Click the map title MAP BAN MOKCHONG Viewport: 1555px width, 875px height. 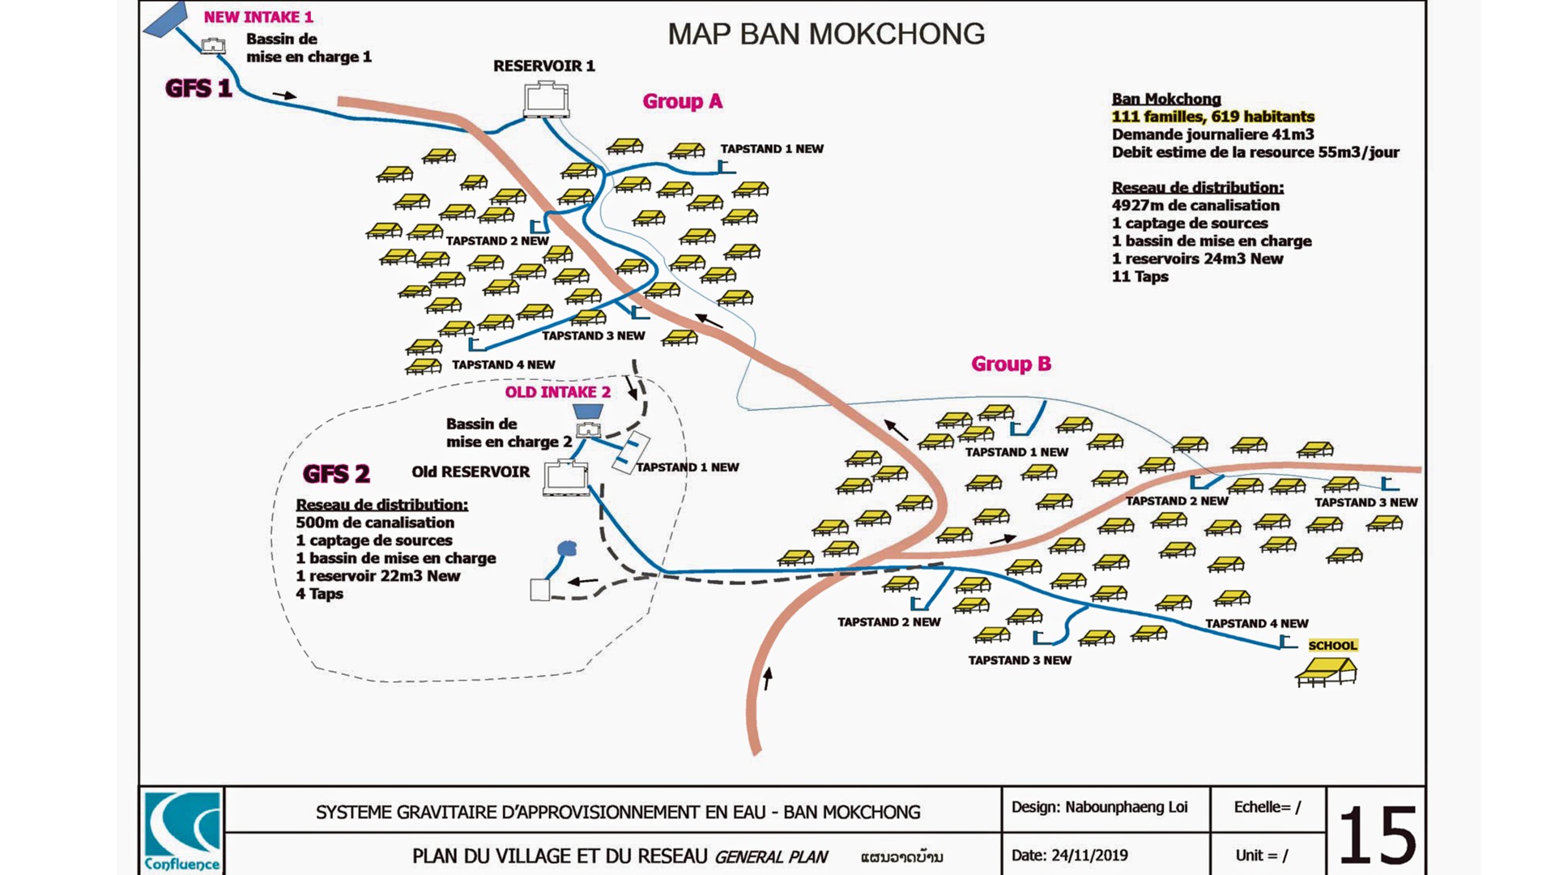(x=826, y=34)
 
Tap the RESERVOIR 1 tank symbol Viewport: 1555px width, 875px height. (x=547, y=100)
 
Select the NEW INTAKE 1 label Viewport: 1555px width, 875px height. (x=258, y=17)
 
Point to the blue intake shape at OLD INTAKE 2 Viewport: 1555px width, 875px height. (x=588, y=411)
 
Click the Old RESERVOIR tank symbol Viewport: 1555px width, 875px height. (x=566, y=477)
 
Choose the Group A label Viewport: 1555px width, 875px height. (x=682, y=101)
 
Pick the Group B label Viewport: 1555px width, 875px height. (x=1011, y=364)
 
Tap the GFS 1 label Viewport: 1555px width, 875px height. (x=198, y=88)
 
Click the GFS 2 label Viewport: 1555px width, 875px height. (x=336, y=473)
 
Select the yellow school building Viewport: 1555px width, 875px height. (x=1326, y=672)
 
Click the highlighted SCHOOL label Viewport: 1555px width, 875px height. (x=1332, y=646)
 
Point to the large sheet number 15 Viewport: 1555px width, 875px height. (x=1377, y=835)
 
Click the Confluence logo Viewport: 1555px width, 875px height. (x=182, y=831)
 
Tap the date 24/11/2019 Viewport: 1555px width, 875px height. (x=1089, y=855)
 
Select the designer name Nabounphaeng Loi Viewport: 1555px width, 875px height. (x=1126, y=807)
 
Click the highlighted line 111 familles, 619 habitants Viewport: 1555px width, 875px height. (x=1212, y=117)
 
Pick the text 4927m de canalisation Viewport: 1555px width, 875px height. (x=1195, y=206)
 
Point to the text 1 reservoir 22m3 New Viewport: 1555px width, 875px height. (x=377, y=576)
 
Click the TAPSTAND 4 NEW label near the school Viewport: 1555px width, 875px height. (x=1256, y=623)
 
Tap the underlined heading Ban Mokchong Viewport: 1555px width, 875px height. (x=1166, y=99)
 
